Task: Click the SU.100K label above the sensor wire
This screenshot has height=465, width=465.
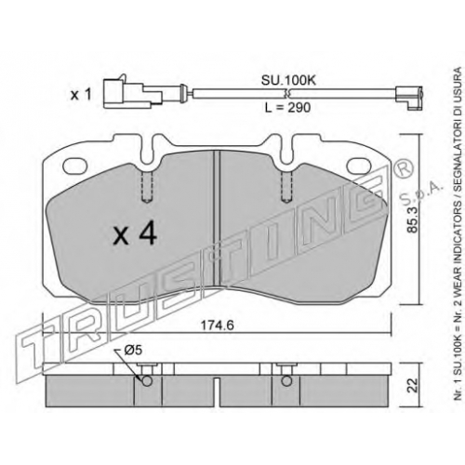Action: pyautogui.click(x=288, y=81)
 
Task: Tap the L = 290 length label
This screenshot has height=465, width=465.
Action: pyautogui.click(x=287, y=108)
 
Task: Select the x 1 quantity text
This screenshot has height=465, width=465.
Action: pyautogui.click(x=81, y=95)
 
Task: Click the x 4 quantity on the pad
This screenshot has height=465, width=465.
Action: pyautogui.click(x=135, y=234)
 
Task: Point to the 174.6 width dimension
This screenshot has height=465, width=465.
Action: pyautogui.click(x=217, y=325)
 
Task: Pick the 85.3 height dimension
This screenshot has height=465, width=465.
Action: pyautogui.click(x=413, y=219)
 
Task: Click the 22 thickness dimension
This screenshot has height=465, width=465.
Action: pyautogui.click(x=413, y=385)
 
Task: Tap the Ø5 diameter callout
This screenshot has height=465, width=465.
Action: pyautogui.click(x=133, y=351)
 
